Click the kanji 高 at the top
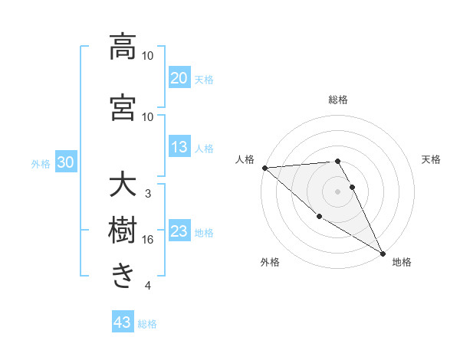click(123, 47)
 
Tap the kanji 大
click(123, 185)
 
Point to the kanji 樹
click(123, 231)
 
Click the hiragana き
click(123, 276)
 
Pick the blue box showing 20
click(179, 77)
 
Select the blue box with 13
click(179, 147)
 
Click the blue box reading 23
click(179, 232)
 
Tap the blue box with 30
click(66, 162)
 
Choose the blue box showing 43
click(123, 322)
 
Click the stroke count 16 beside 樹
click(148, 240)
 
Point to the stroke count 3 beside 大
click(148, 194)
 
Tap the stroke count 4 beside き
click(148, 286)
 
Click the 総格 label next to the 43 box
click(147, 324)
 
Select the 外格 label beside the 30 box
click(41, 164)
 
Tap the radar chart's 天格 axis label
click(431, 159)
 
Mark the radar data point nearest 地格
click(382, 253)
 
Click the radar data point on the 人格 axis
click(264, 168)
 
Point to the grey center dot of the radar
click(337, 191)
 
